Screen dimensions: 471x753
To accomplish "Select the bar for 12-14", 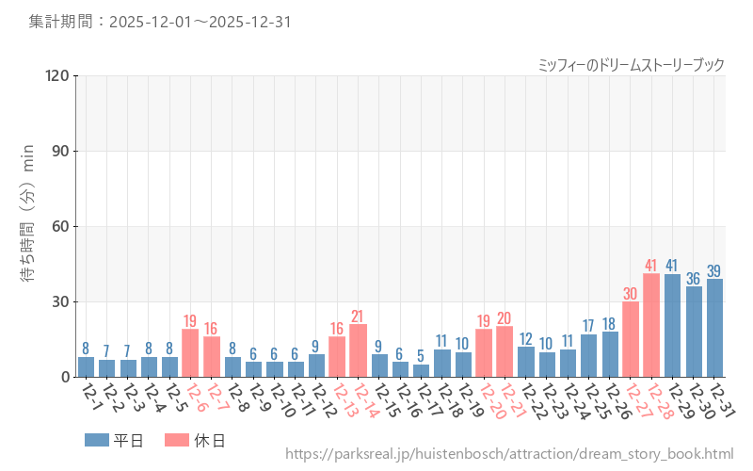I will click(x=358, y=350).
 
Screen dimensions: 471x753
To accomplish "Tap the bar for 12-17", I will click(x=421, y=371).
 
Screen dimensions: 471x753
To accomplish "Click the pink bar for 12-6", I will click(x=190, y=353).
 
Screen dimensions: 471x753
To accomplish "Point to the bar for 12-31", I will click(x=714, y=328).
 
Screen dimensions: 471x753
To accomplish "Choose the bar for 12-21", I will click(x=505, y=351).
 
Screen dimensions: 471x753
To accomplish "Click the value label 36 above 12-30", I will click(x=694, y=279).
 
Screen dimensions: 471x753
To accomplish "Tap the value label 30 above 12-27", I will click(x=631, y=294).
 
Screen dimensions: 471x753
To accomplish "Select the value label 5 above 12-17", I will click(x=421, y=356).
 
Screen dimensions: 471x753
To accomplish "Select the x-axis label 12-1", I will click(x=90, y=396).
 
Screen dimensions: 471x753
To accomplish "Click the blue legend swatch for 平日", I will click(x=97, y=440).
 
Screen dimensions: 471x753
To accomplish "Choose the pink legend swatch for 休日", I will click(x=177, y=440).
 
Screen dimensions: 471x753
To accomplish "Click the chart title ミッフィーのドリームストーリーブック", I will click(x=631, y=65).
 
